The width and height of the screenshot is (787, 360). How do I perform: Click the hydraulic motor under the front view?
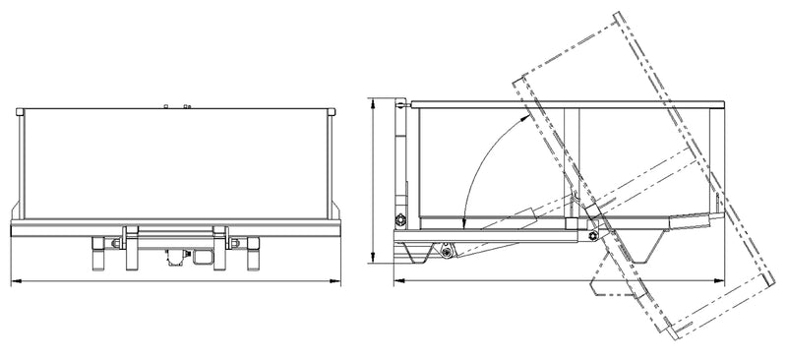click(178, 257)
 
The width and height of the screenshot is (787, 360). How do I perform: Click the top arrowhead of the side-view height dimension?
click(373, 100)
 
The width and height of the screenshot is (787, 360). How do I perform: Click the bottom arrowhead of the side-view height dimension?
click(373, 261)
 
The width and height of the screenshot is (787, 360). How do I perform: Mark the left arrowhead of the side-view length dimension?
click(395, 282)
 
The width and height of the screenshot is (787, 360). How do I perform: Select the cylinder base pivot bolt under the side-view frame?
click(448, 254)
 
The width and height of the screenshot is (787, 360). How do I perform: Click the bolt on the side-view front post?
click(400, 218)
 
